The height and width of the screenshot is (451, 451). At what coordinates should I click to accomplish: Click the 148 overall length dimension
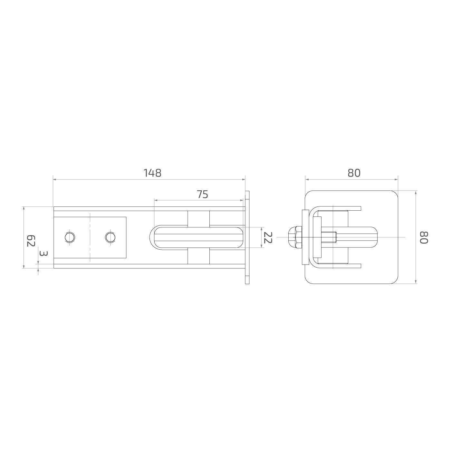(152, 173)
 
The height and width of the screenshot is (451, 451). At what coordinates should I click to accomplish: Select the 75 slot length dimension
(203, 194)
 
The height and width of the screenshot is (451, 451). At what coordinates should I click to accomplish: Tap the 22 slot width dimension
(268, 237)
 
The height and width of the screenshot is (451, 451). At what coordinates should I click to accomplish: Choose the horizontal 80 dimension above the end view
(354, 173)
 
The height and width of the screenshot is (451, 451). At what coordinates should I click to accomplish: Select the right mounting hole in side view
(110, 237)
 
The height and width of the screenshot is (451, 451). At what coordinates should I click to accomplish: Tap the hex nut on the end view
(294, 237)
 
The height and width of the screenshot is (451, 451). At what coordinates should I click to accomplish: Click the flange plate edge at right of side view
(247, 237)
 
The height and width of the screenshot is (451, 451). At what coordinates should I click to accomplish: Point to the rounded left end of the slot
(152, 237)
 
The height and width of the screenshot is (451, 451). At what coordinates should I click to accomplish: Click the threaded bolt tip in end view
(335, 237)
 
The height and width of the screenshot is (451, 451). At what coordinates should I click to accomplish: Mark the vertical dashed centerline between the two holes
(90, 237)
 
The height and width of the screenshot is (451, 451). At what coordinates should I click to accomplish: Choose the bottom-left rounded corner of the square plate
(309, 280)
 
